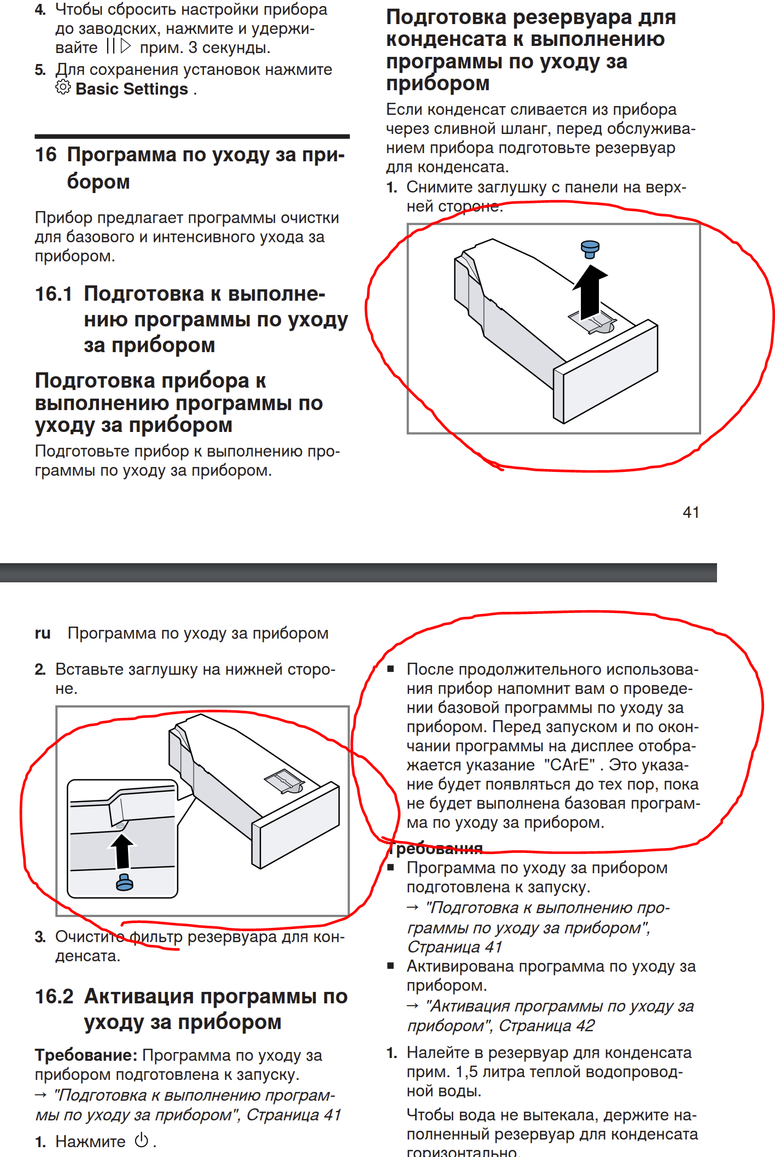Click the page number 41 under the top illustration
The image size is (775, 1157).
click(x=691, y=512)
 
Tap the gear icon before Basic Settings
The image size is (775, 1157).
click(x=63, y=87)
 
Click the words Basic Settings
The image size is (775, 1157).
click(x=132, y=89)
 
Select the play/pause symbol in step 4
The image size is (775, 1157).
click(x=119, y=46)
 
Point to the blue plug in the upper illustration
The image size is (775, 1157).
click(x=590, y=249)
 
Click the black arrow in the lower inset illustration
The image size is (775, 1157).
click(x=123, y=851)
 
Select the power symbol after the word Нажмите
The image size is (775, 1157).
click(x=142, y=1141)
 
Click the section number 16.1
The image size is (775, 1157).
click(x=54, y=294)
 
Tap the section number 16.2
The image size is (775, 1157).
click(x=54, y=997)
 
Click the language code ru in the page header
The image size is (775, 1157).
click(x=43, y=633)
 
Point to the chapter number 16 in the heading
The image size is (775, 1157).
click(x=46, y=155)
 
